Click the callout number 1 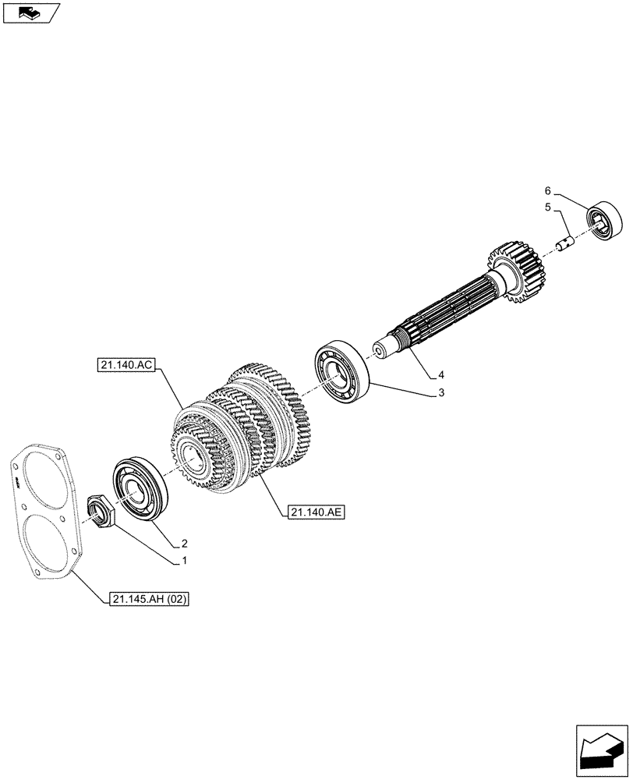184,560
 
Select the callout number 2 185,543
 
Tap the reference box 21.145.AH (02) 150,599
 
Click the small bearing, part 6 606,221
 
